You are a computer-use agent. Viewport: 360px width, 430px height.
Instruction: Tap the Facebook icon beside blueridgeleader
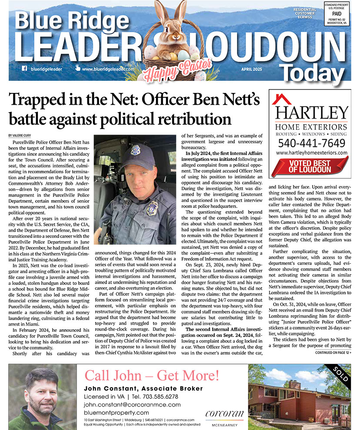(24, 68)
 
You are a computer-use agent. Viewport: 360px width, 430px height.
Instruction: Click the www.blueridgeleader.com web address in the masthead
(107, 69)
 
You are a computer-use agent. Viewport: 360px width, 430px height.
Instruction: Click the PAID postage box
(337, 14)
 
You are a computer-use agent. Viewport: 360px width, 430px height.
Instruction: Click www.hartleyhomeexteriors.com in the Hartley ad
(311, 153)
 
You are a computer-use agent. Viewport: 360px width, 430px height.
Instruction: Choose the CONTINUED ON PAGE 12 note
(333, 352)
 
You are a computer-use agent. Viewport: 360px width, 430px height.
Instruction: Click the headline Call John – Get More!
(152, 375)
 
